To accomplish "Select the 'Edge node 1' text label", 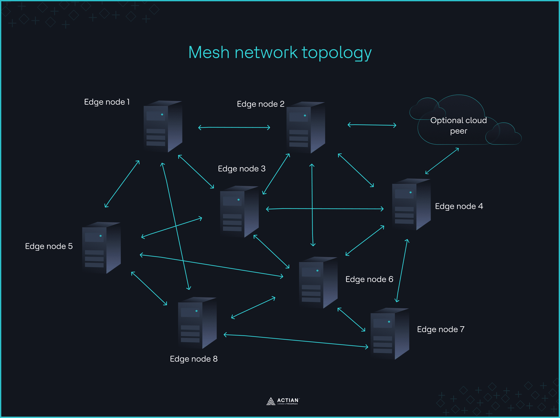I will (x=107, y=102).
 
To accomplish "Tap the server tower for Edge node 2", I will (x=306, y=128).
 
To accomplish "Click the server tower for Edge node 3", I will (x=239, y=212).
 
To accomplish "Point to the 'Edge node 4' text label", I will (x=459, y=206).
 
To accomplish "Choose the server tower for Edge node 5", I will (x=101, y=248).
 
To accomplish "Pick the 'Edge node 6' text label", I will (x=369, y=279).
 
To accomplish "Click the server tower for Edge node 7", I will (x=390, y=334).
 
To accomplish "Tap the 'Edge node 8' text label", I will (x=194, y=359).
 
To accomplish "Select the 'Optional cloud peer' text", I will (x=458, y=125).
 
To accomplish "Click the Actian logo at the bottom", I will (x=282, y=401).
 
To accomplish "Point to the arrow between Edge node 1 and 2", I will (x=234, y=128).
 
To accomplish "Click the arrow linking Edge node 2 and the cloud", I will (x=372, y=125).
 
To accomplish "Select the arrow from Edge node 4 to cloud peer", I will (x=442, y=161).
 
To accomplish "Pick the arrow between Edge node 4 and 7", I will (x=402, y=270).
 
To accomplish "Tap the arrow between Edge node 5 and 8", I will (x=149, y=288).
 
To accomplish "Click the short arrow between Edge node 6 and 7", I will (x=351, y=320).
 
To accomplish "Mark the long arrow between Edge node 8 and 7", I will (x=296, y=341).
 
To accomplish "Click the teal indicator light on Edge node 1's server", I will (x=162, y=115).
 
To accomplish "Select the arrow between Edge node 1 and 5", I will (x=122, y=184).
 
